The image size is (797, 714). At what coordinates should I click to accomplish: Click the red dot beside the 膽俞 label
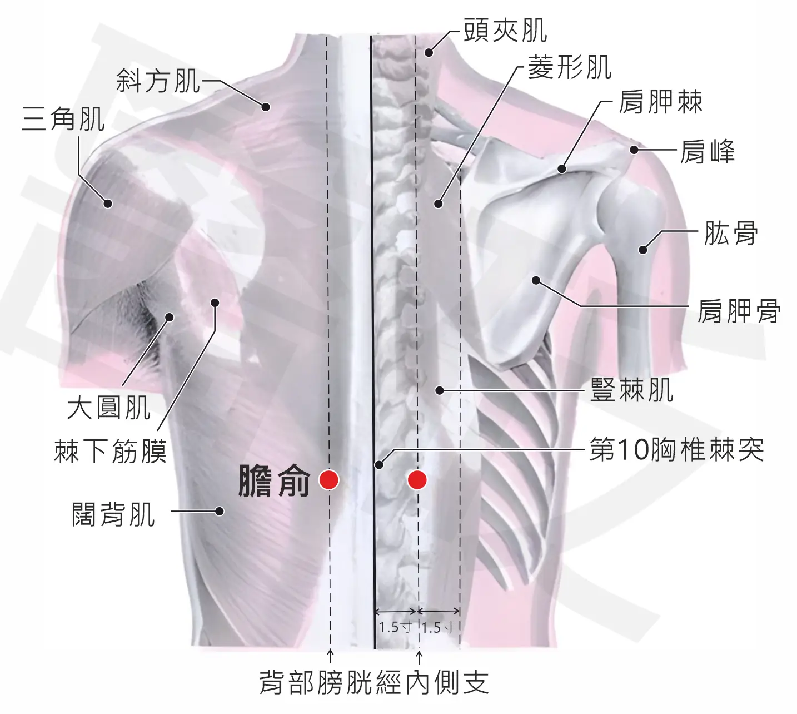(329, 480)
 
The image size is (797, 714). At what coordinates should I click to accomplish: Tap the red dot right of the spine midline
(417, 480)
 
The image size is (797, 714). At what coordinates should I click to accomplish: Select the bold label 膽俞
(274, 481)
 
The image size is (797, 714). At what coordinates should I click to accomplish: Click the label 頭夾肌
(506, 30)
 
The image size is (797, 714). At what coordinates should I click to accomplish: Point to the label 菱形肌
(570, 67)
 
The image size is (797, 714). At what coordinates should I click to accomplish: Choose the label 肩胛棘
(661, 102)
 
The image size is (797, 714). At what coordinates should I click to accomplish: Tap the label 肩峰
(708, 151)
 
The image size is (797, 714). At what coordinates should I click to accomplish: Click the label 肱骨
(731, 233)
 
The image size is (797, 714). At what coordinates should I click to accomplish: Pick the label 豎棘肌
(632, 390)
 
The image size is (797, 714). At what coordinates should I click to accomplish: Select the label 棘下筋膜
(111, 451)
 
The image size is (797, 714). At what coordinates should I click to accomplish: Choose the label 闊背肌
(113, 514)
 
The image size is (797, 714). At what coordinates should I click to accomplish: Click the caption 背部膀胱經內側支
(374, 682)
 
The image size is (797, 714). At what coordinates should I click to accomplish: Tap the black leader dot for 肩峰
(634, 150)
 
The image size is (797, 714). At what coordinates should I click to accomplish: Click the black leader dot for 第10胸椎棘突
(379, 465)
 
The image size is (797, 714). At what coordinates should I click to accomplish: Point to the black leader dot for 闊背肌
(220, 511)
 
